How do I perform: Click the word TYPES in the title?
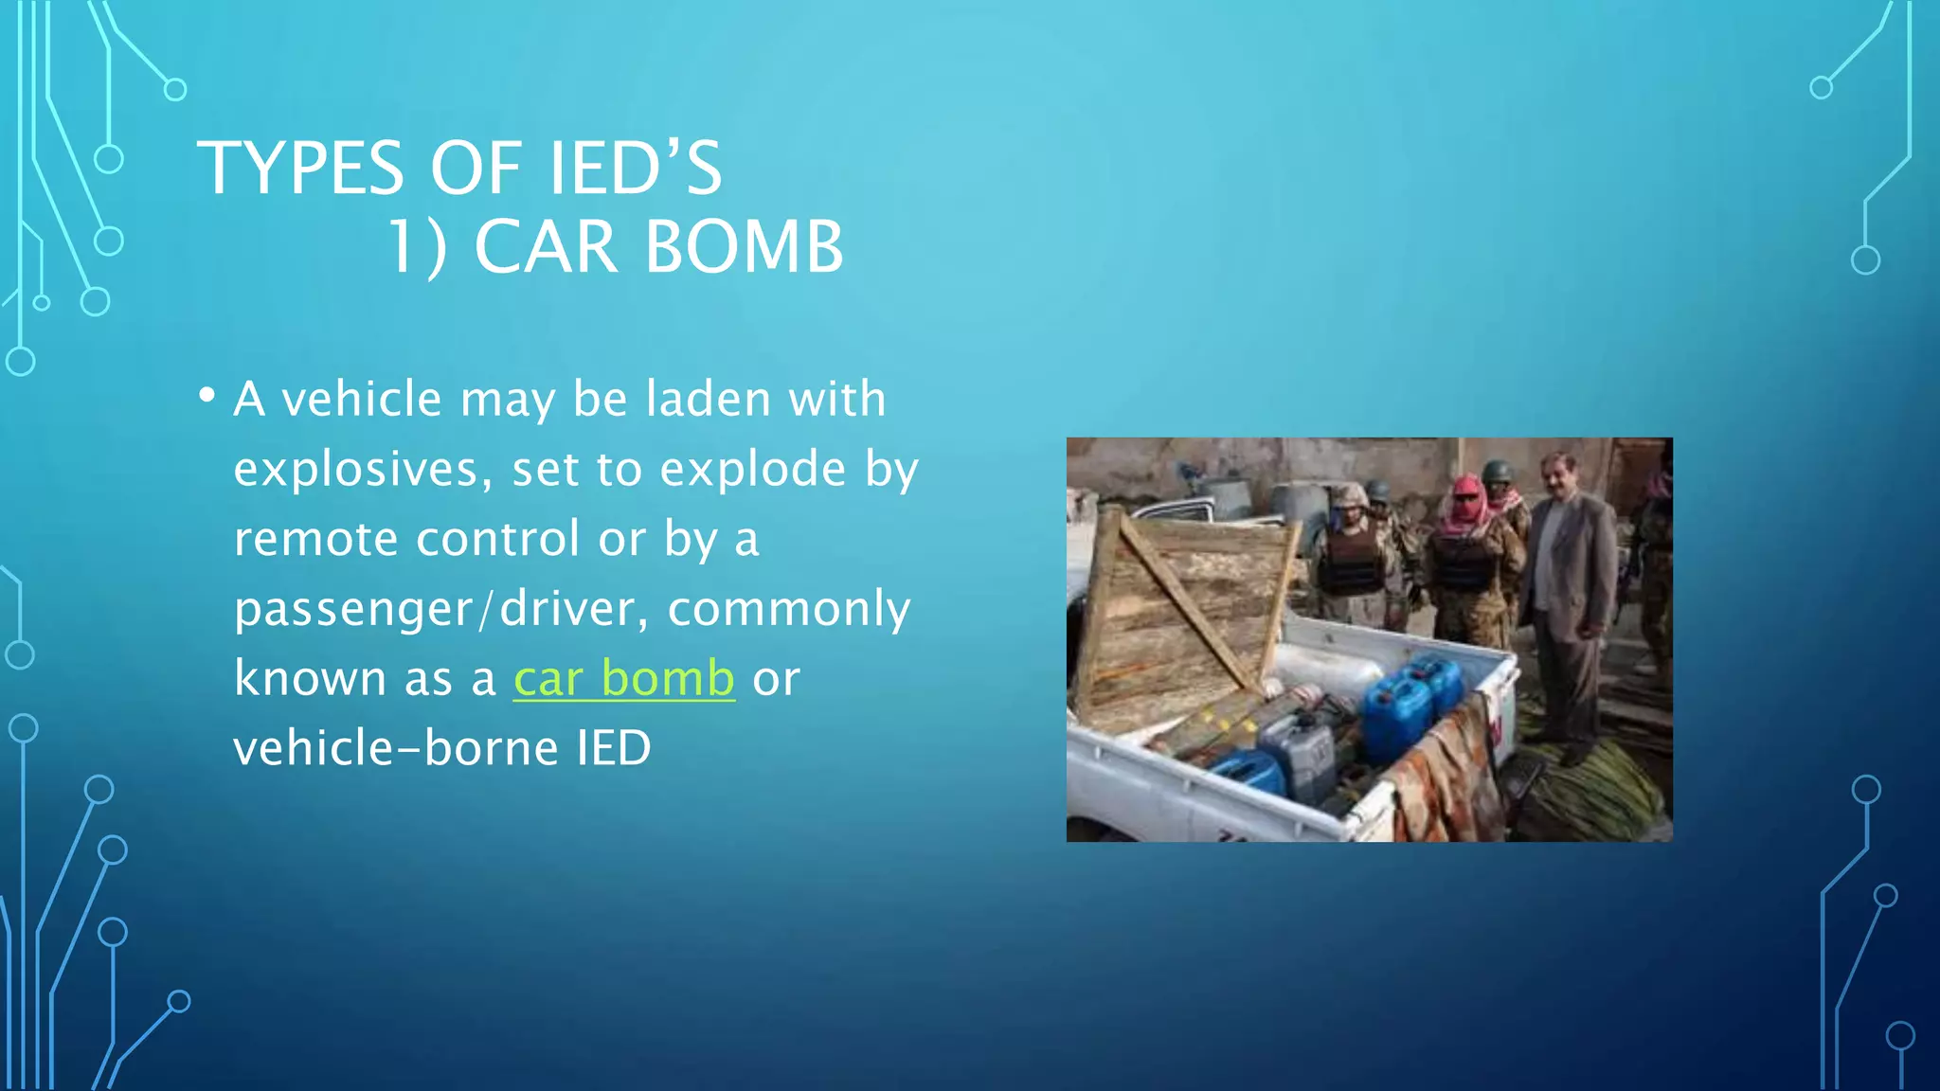pos(300,169)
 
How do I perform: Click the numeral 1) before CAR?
pos(417,247)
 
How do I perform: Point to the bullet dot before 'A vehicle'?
pos(207,396)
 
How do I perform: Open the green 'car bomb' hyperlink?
pos(623,678)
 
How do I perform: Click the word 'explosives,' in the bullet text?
pos(363,469)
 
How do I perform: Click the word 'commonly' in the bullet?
pos(788,609)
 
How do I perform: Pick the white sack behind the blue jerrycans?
pos(1326,678)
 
